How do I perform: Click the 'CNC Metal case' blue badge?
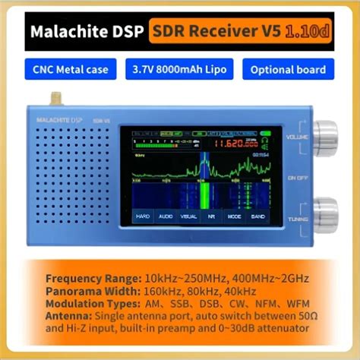[71, 70]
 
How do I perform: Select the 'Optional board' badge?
[289, 70]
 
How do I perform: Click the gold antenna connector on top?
[55, 99]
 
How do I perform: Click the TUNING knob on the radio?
[326, 212]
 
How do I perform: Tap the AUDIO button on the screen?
[165, 216]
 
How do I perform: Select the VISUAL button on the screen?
[188, 216]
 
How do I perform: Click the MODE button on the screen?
[235, 216]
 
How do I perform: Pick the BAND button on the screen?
[257, 216]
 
